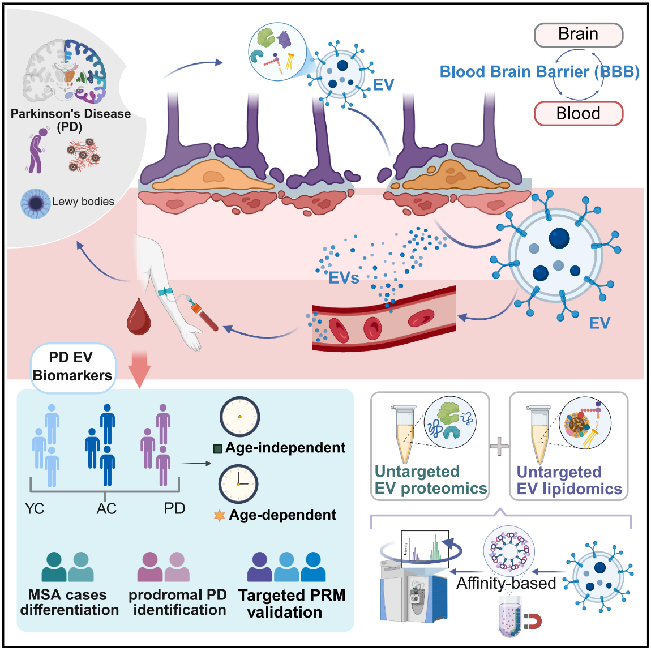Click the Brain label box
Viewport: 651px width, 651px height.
(578, 35)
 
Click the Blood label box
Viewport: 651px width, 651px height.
(578, 113)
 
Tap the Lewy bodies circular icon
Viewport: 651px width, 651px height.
(35, 203)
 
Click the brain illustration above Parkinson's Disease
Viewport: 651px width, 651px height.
(65, 71)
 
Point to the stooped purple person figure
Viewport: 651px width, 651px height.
(37, 150)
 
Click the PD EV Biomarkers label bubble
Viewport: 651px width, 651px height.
(72, 367)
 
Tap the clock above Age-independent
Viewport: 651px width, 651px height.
(239, 417)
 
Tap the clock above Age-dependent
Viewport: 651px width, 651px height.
(238, 484)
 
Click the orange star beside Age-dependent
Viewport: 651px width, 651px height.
(219, 516)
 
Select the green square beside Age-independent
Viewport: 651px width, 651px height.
(217, 449)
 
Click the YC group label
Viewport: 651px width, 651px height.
(35, 508)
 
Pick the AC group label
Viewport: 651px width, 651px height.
(106, 508)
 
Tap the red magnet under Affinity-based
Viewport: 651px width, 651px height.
(532, 622)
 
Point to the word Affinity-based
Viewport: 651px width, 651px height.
(506, 583)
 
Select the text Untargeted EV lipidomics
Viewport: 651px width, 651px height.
(568, 480)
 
